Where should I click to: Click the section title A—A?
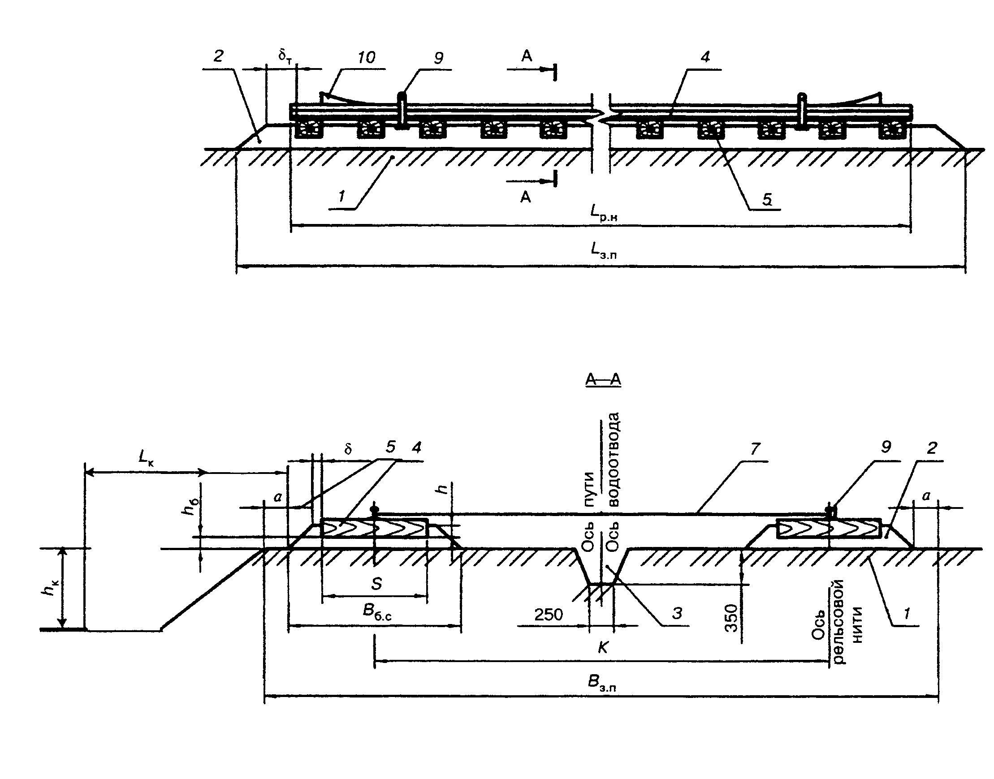click(603, 379)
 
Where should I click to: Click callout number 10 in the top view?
click(366, 57)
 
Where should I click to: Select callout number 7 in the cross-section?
click(755, 449)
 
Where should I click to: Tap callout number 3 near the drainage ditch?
click(677, 613)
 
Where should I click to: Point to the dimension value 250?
click(549, 615)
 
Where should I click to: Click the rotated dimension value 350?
click(731, 618)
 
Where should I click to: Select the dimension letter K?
click(603, 648)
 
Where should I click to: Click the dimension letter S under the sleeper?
click(376, 584)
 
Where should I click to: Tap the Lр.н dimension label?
click(603, 212)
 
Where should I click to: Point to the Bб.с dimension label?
click(377, 612)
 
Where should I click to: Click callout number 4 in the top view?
click(705, 57)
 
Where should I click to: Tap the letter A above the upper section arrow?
click(527, 56)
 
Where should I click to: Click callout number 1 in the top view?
click(341, 197)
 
